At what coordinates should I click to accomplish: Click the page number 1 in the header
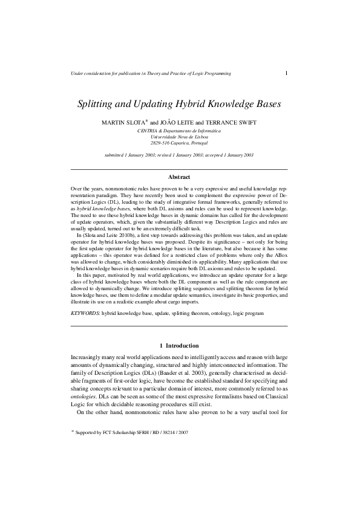[x=286, y=73]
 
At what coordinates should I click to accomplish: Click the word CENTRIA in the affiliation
[x=149, y=131]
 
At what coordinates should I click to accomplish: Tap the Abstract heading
[x=179, y=177]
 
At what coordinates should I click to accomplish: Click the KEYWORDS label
[x=85, y=314]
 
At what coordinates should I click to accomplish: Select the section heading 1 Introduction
[x=179, y=345]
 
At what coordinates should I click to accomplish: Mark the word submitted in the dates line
[x=117, y=155]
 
